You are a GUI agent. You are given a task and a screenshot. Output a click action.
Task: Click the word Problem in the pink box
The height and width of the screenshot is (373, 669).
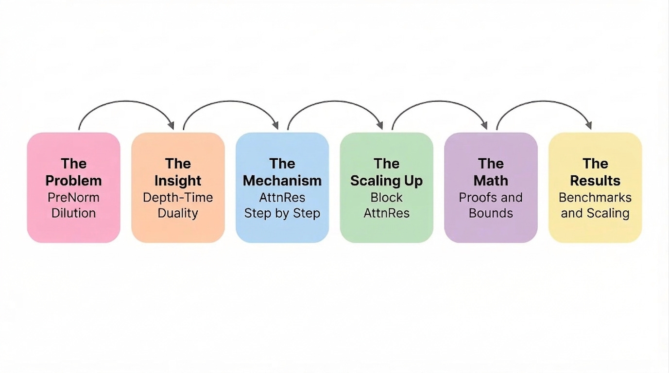coord(73,181)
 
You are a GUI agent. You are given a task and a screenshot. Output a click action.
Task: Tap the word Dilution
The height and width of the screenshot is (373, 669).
coord(73,213)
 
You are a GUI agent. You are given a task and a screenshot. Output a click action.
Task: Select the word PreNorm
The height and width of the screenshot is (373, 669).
coord(73,197)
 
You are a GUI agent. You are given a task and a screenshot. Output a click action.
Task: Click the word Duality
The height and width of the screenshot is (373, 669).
coord(178,213)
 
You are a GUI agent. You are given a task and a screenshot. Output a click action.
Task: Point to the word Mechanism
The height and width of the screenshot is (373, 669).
coord(282,181)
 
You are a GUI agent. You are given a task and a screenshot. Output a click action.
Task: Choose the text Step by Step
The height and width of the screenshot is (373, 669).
coord(282,213)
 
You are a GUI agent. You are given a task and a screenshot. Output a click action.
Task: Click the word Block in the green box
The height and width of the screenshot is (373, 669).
coord(386,197)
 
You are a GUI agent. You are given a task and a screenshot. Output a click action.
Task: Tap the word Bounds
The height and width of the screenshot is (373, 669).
coord(491,213)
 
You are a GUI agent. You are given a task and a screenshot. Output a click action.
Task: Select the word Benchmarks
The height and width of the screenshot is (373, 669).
coord(595,197)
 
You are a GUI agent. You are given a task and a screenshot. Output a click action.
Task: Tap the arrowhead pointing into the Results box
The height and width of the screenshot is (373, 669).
coord(589,125)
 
